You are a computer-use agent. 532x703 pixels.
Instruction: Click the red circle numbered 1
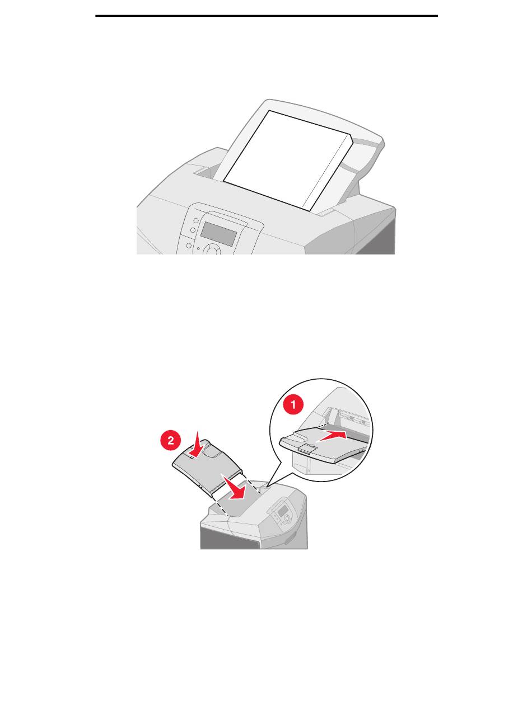click(293, 405)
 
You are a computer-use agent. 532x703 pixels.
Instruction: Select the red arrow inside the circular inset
click(332, 436)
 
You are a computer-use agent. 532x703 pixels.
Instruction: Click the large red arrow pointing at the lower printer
click(235, 488)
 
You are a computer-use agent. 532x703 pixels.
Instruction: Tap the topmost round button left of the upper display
click(196, 220)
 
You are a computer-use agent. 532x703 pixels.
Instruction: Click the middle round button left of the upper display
click(193, 230)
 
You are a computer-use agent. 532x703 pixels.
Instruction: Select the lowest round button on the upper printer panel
click(189, 246)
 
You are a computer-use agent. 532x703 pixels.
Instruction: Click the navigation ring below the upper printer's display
click(212, 250)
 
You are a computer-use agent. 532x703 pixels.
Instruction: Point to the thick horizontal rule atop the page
click(267, 16)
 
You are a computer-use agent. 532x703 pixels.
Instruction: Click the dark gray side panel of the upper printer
click(375, 237)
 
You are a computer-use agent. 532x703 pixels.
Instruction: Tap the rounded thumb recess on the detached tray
click(211, 450)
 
